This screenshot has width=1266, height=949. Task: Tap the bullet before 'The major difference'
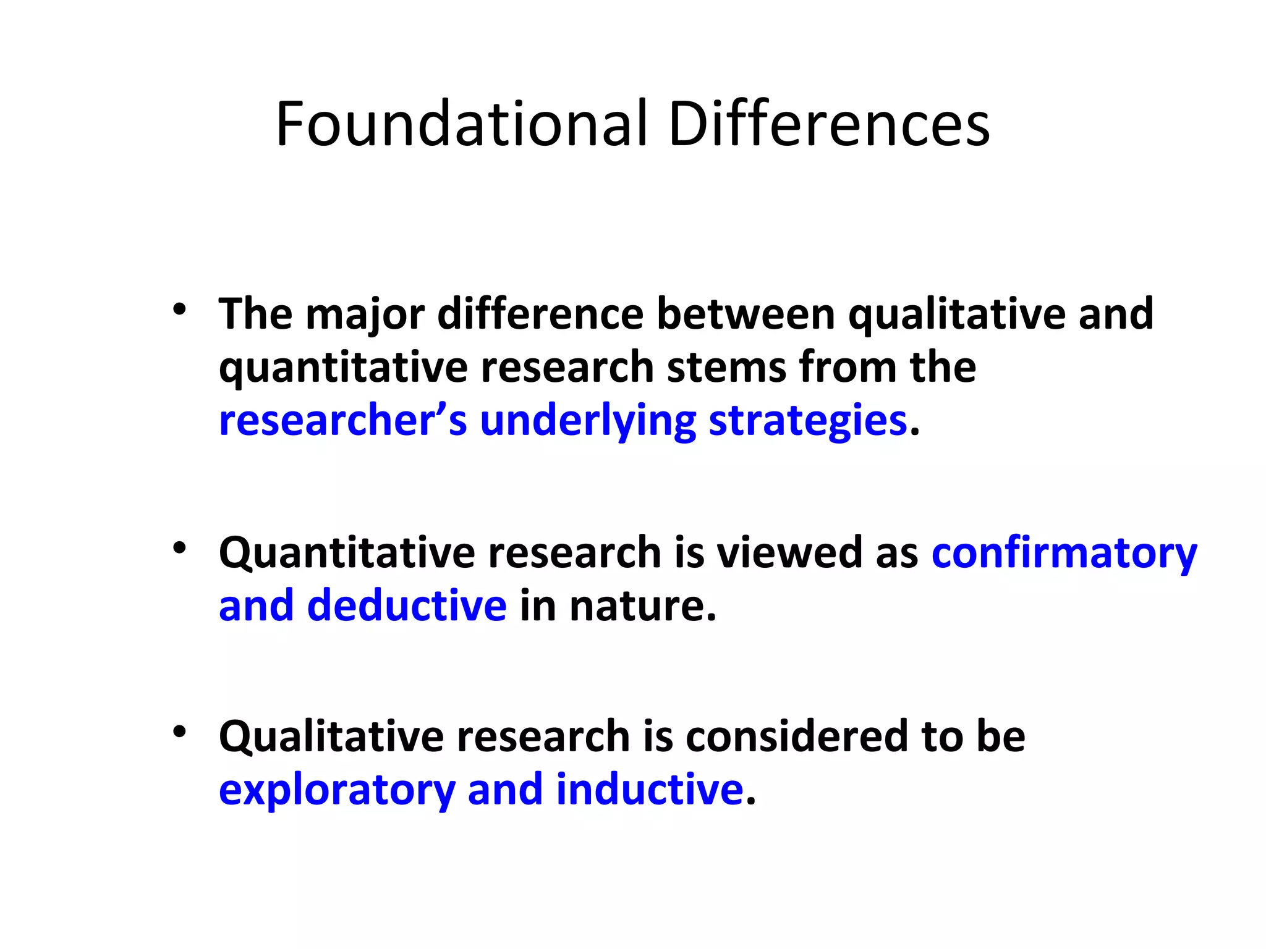(x=179, y=309)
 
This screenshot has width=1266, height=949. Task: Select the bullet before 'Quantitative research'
(x=179, y=547)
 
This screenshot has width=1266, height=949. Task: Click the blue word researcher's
(x=343, y=421)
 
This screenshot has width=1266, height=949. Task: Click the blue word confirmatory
(x=1064, y=554)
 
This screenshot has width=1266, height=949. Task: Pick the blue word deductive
(x=407, y=605)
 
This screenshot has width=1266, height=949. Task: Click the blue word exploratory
(x=337, y=791)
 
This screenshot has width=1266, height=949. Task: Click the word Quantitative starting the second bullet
(x=347, y=554)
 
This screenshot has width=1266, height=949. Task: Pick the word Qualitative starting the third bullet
(x=331, y=738)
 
